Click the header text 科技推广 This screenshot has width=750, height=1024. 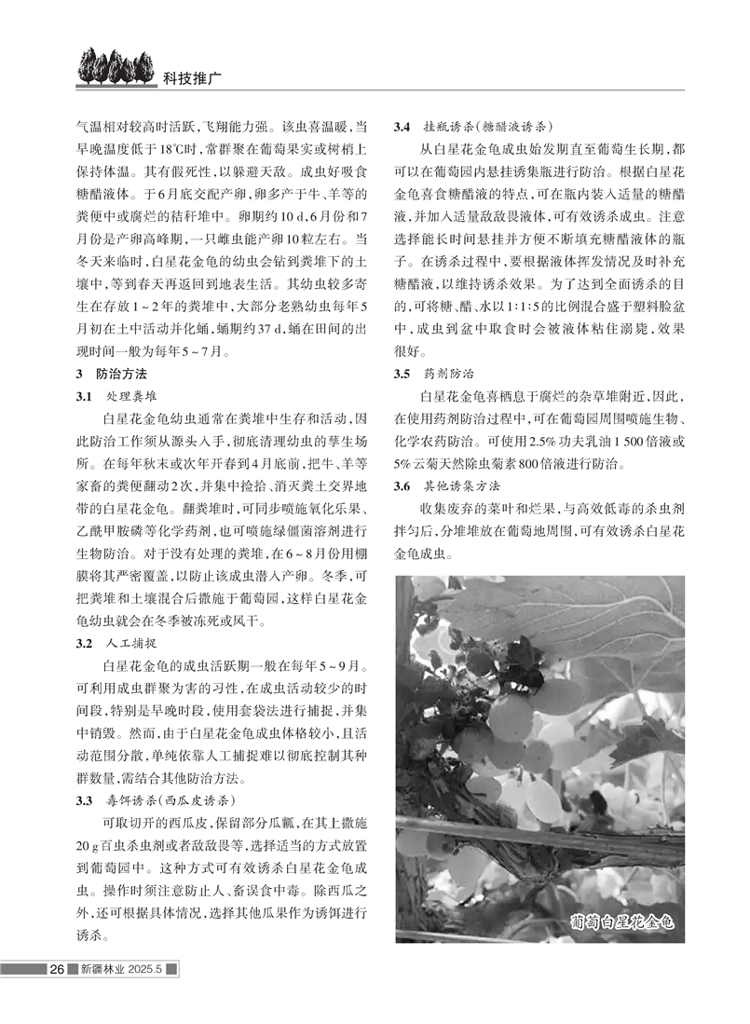[190, 78]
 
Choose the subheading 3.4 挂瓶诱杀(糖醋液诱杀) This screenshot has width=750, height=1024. [474, 126]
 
